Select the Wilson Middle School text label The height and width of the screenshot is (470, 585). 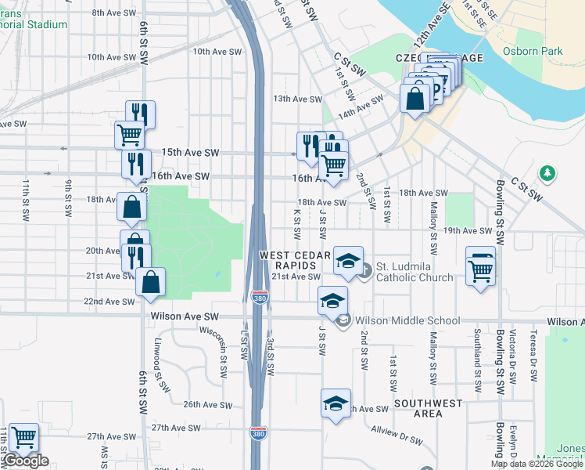click(407, 320)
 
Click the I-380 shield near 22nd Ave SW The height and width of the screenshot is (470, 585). click(260, 298)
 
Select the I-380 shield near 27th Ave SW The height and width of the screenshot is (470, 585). click(258, 432)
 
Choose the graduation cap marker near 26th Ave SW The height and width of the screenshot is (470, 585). click(336, 403)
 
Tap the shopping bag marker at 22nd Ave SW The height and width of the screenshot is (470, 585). click(150, 282)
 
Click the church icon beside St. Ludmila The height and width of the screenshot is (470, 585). click(364, 271)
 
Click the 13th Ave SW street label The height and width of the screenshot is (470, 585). click(297, 99)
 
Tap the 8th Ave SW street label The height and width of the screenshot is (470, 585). click(114, 13)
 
